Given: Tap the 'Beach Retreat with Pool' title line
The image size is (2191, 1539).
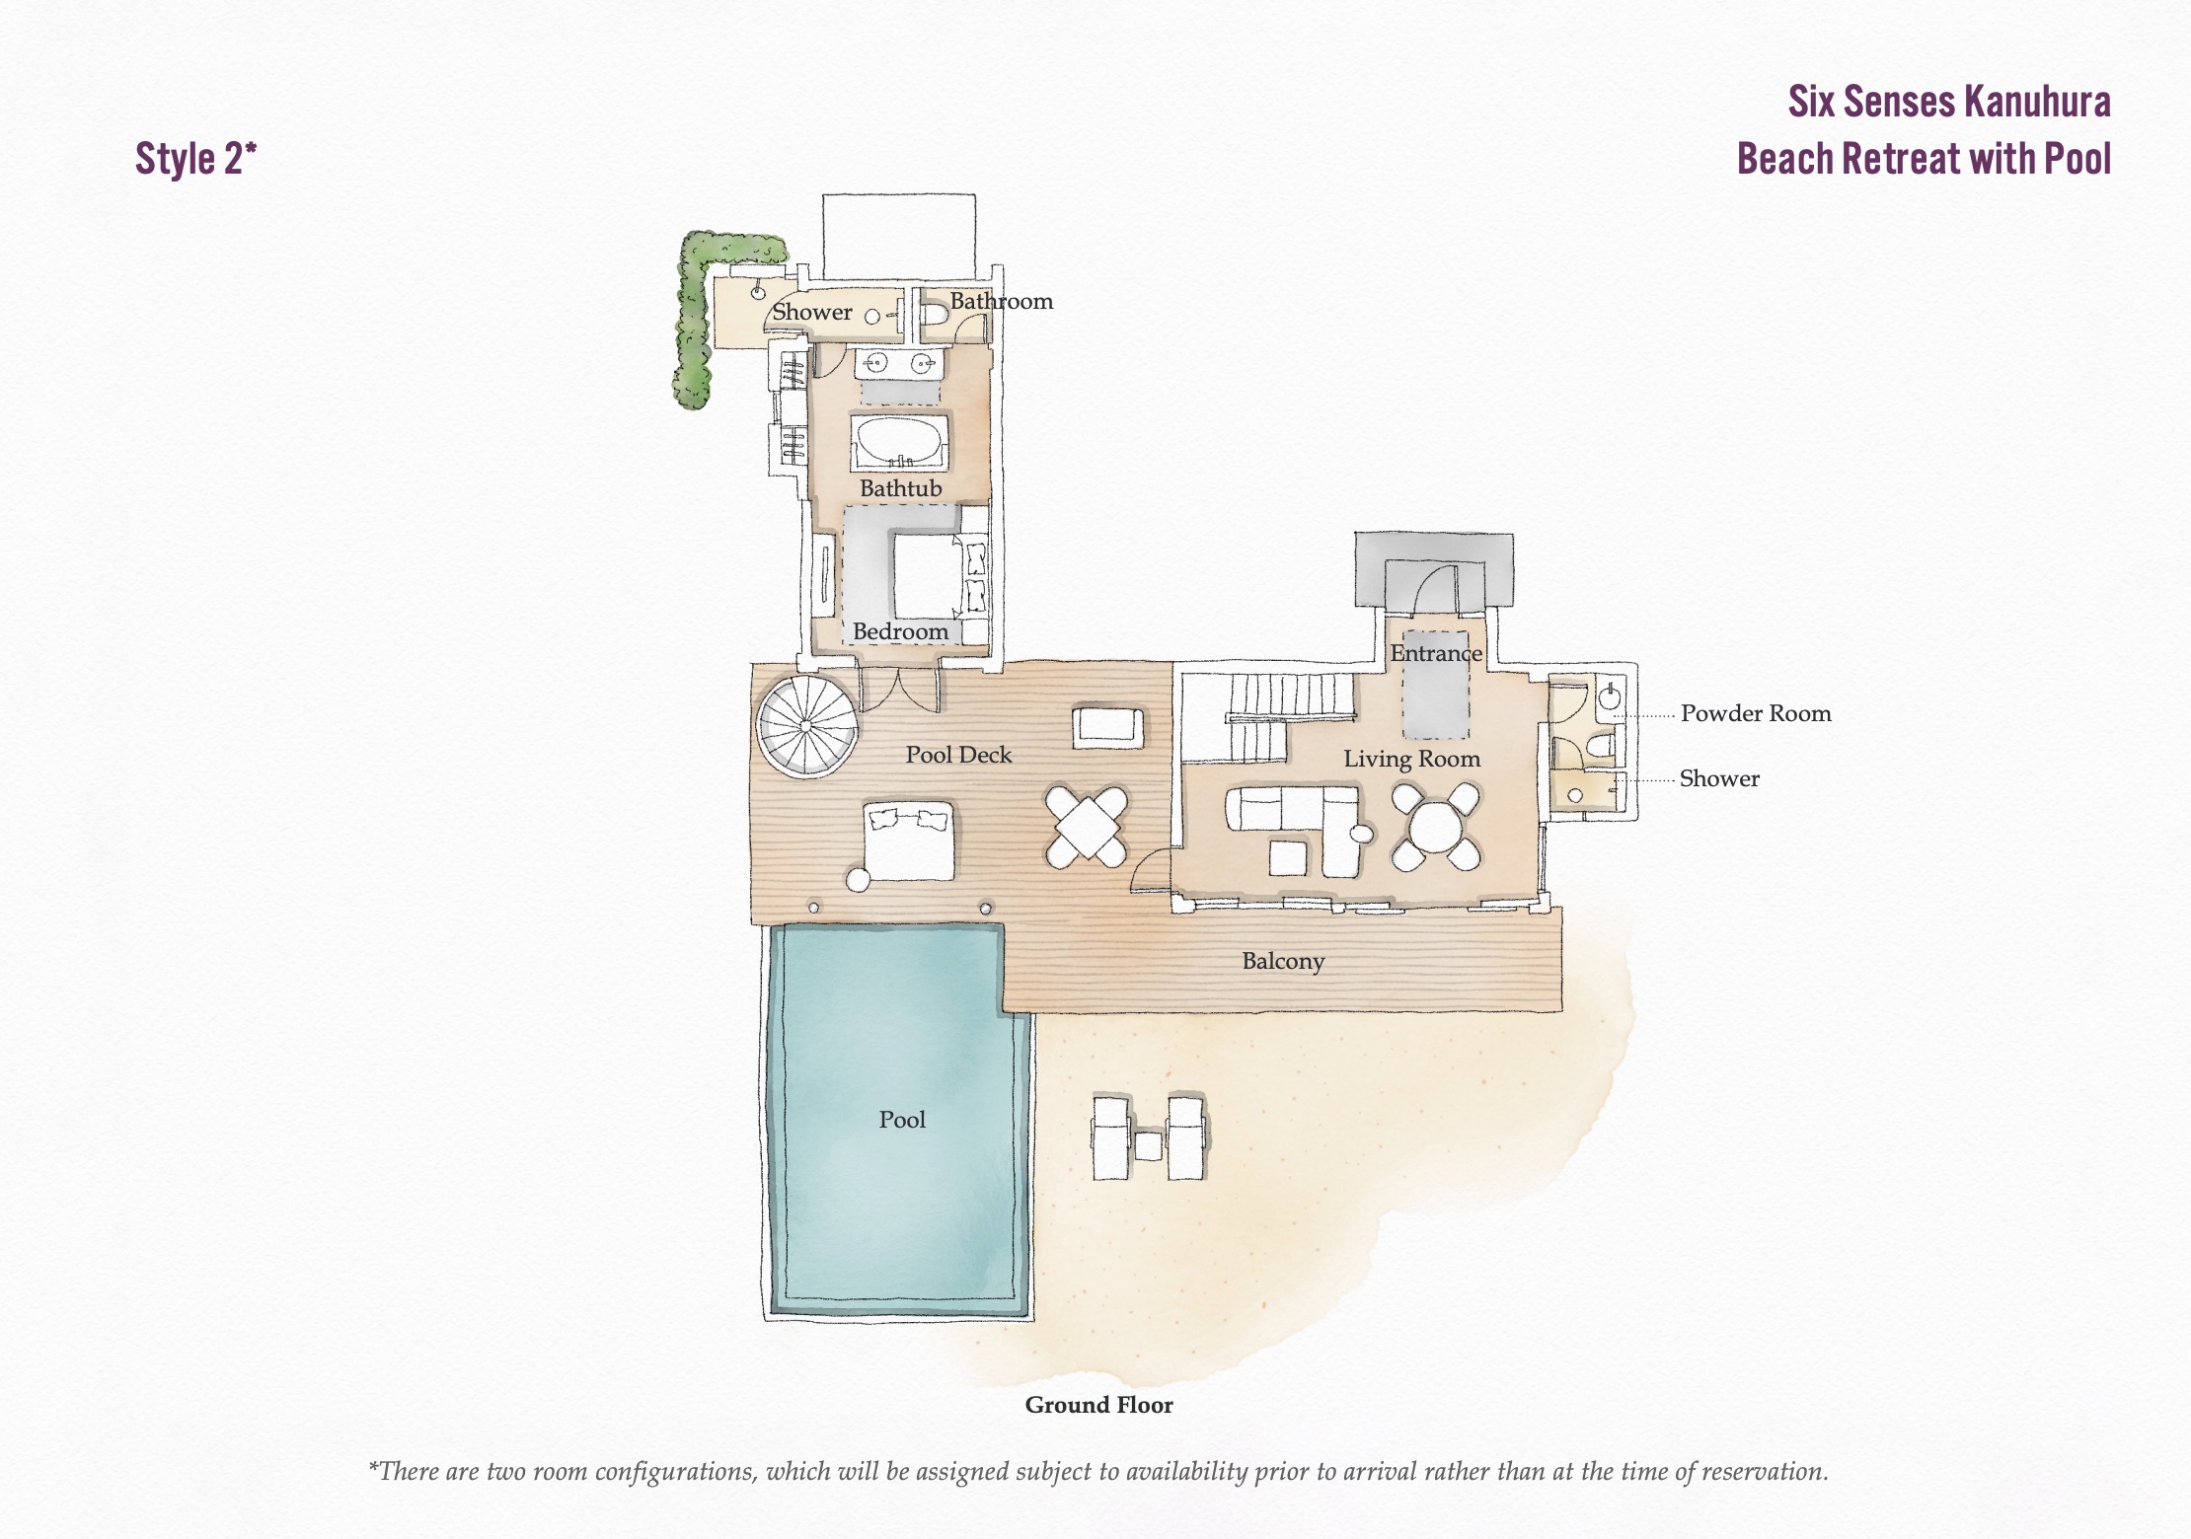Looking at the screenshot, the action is coord(1924,159).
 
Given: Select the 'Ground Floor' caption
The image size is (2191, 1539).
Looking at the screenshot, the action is coord(1098,1405).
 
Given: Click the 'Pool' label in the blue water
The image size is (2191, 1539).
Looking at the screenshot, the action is coord(902,1120).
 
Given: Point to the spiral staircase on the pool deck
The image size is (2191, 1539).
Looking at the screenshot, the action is coord(806,725).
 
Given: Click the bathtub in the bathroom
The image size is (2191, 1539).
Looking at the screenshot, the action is coord(899,442).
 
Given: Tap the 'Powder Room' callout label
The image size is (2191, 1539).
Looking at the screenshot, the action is coord(1756,713).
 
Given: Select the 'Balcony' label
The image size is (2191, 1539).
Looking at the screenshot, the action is coord(1283,961).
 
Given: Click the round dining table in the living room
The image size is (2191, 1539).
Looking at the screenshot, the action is coord(1436,827).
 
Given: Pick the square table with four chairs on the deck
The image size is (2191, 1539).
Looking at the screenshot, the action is coord(1087,827).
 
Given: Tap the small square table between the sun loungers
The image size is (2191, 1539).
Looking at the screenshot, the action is coord(1148,1145).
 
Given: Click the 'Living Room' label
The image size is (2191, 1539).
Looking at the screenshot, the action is coord(1411,759).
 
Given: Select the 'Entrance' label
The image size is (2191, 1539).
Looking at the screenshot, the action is coord(1436,653).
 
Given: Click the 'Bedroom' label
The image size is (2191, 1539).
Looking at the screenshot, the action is coord(900,631).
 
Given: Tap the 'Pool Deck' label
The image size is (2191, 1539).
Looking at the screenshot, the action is coord(958,755).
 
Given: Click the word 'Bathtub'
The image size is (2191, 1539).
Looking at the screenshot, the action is coord(900,488).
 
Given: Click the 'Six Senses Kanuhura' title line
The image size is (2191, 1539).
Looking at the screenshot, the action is coord(1949,102).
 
